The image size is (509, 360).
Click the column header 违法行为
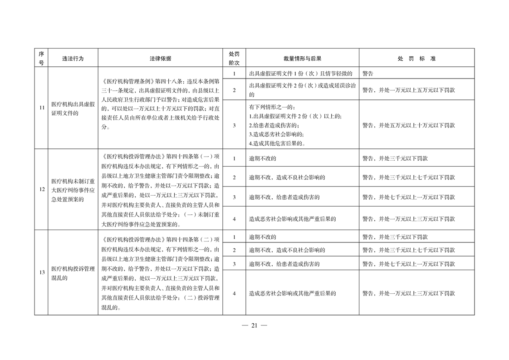click(x=73, y=59)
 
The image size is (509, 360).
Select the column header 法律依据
click(x=160, y=59)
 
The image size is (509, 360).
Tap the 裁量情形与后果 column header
click(x=302, y=59)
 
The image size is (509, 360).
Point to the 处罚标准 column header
click(x=416, y=59)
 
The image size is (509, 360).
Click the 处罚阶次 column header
click(x=234, y=59)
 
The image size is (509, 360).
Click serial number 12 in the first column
click(x=41, y=189)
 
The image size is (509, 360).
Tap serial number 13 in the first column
click(x=41, y=272)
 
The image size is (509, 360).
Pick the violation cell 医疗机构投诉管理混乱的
click(x=73, y=273)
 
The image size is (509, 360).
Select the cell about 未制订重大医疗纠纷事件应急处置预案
click(x=73, y=189)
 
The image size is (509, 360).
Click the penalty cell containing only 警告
click(x=368, y=73)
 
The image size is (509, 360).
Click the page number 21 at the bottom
click(x=254, y=325)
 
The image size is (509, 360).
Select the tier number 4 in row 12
click(x=234, y=219)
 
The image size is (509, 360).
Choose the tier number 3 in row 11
click(x=234, y=125)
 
